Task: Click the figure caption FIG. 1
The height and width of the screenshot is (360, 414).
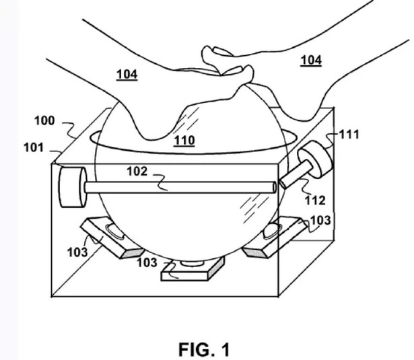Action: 204,350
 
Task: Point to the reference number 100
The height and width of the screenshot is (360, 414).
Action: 44,121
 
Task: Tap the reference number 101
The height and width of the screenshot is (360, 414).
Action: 34,147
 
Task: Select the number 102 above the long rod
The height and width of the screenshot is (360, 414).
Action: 137,172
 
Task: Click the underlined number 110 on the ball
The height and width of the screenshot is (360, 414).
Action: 184,141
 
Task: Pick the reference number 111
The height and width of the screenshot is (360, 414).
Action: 349,135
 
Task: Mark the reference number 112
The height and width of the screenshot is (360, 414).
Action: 315,201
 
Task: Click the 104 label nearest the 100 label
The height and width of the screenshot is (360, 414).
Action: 127,75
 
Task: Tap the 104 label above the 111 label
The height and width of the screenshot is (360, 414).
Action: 311,60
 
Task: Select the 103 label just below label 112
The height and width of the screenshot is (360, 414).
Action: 320,220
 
